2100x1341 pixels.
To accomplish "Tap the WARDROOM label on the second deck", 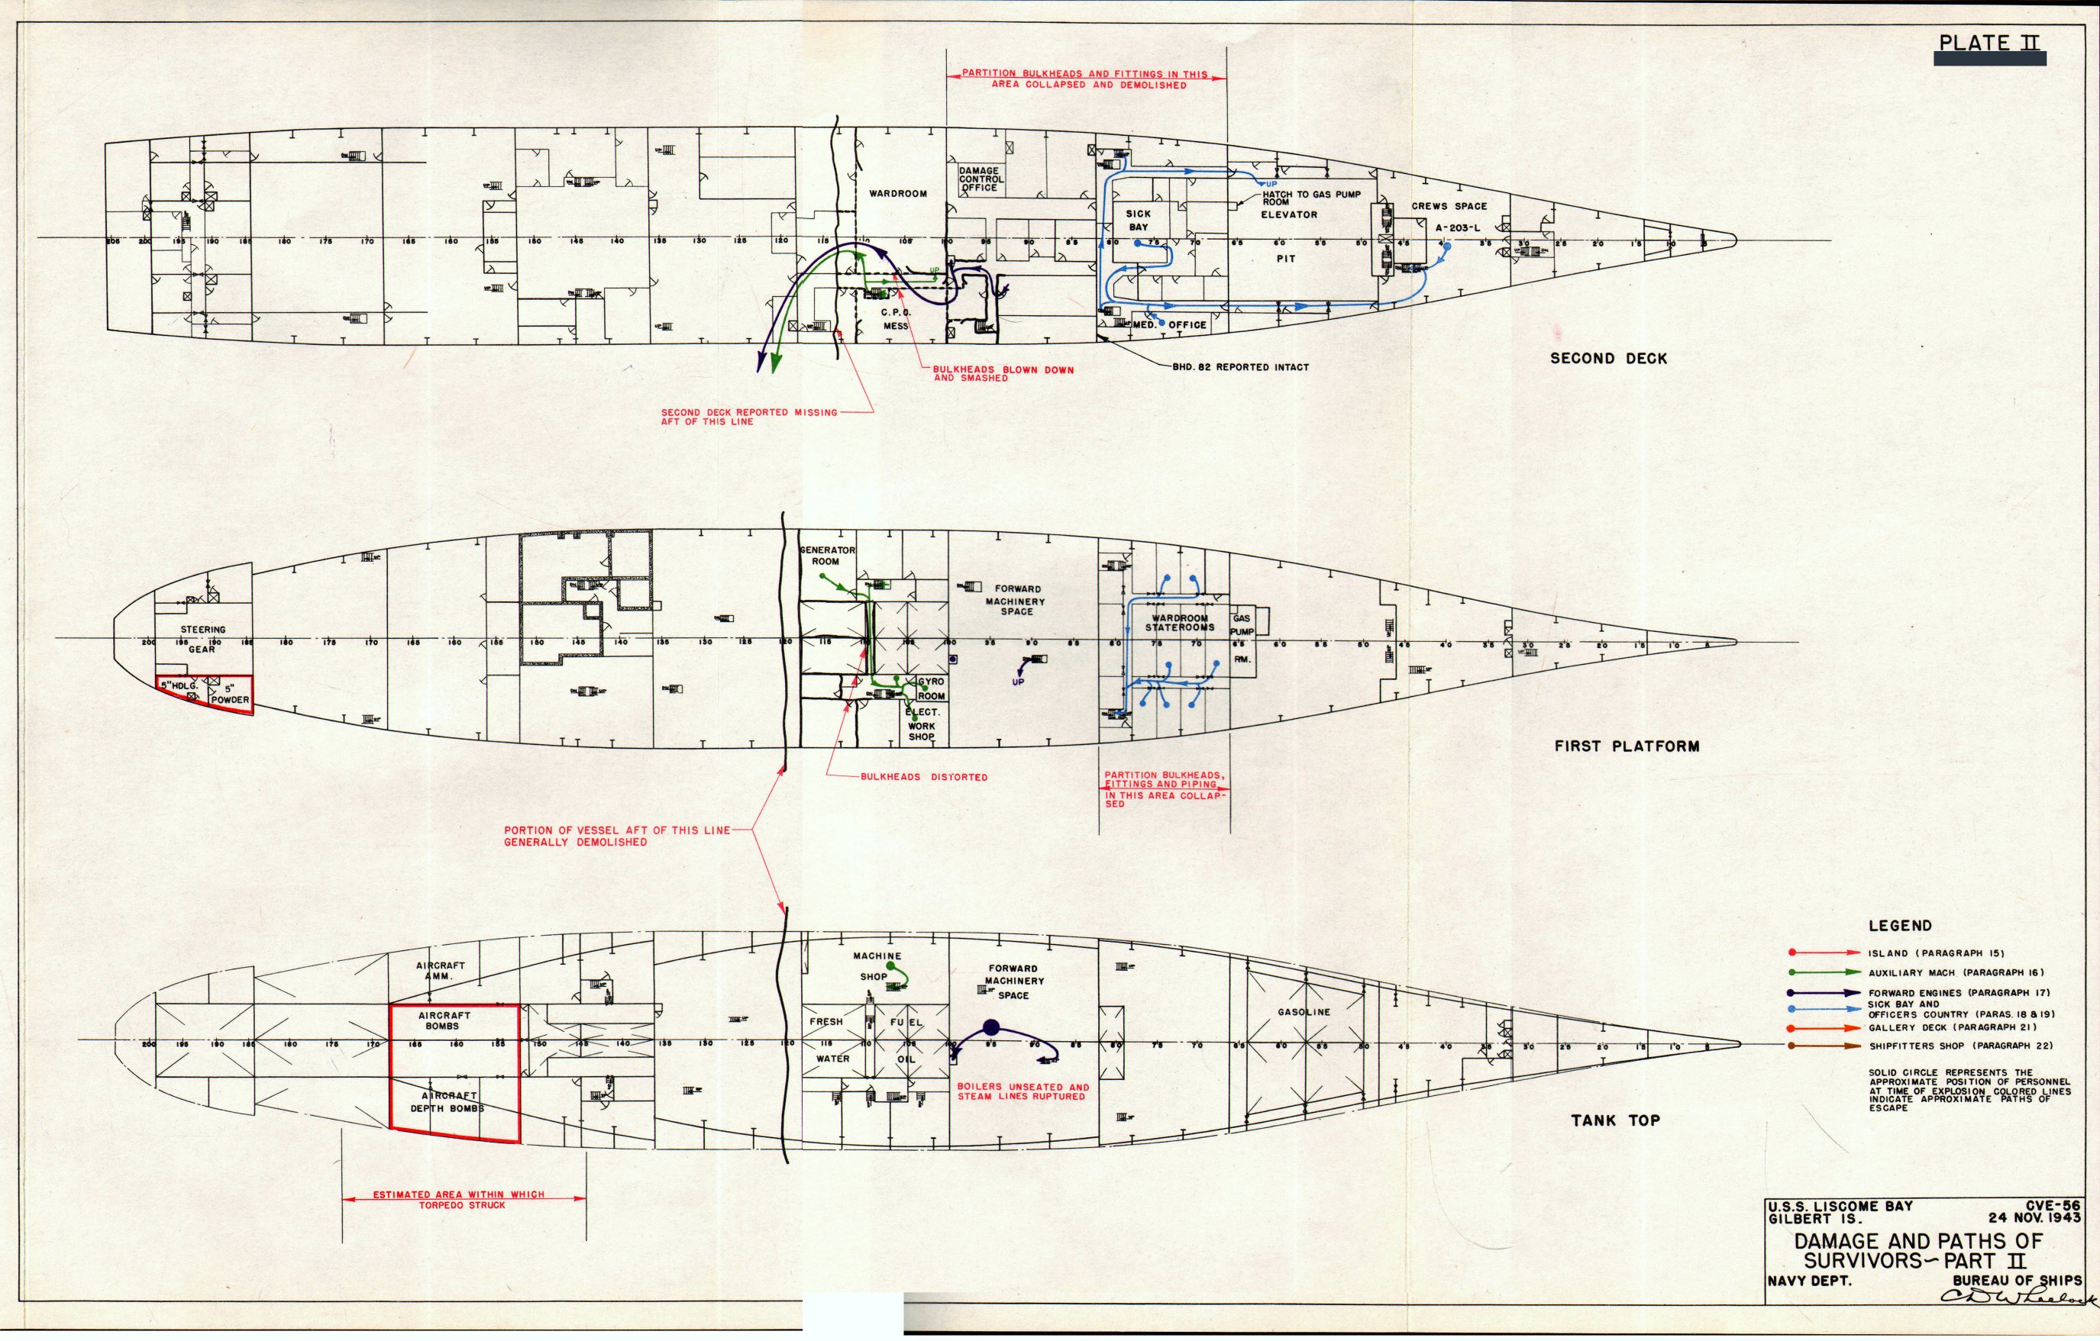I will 897,194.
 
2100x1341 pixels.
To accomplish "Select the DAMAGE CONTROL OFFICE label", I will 981,179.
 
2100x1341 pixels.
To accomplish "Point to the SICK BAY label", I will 1138,220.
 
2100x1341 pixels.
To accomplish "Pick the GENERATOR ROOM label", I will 828,556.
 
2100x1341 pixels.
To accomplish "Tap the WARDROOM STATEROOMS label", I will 1179,623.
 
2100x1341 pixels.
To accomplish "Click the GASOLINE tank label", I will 1304,1012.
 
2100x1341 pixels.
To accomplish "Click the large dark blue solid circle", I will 990,1027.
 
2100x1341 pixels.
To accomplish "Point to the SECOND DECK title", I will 1608,359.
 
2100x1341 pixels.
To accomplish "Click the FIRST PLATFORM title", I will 1627,746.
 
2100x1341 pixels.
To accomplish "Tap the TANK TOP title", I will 1615,1120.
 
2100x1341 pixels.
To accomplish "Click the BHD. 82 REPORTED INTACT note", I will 1240,367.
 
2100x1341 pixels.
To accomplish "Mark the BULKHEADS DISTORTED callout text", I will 923,777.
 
